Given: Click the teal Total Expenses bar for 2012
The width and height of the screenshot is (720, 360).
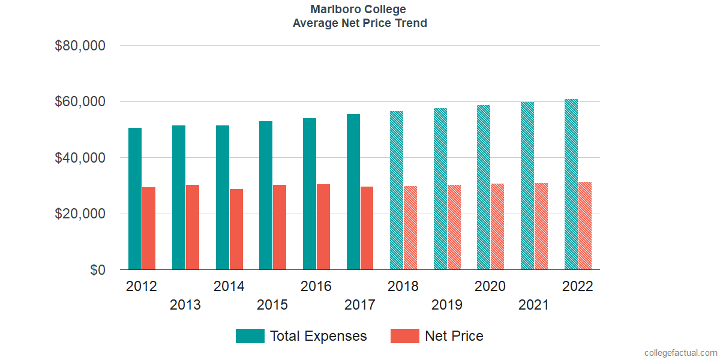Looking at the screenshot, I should point(135,199).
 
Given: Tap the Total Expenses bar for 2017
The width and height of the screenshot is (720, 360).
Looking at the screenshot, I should point(353,192).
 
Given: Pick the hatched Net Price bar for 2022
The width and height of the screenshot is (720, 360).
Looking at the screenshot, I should point(585,226).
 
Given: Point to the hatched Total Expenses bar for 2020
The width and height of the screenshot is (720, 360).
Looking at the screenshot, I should point(484,187).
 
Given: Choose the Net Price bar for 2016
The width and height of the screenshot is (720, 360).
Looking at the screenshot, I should point(323,227).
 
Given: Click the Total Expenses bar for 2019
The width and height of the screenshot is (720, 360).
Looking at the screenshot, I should point(440,189).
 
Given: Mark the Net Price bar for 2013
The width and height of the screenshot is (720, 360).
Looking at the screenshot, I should point(193,227).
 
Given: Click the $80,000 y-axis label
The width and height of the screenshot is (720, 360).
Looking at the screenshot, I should point(80,46).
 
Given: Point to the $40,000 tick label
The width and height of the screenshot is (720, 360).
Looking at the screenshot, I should point(80,158).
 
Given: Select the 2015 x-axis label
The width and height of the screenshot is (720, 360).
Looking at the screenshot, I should point(272,305).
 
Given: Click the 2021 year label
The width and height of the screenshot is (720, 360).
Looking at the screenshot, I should point(533,305).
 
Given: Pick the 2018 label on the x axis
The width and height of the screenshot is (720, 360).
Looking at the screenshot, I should point(403,286).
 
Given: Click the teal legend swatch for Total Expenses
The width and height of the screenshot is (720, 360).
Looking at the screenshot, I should point(250,336).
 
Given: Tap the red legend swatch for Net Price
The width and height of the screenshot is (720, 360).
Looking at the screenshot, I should point(404,336).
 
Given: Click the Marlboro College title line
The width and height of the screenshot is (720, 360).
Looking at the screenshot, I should point(359,10).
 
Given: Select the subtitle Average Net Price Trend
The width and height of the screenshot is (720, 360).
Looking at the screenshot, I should point(359,23).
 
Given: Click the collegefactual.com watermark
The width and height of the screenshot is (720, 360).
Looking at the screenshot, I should point(680,353).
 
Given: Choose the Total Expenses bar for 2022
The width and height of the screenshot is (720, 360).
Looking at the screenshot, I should point(571,184).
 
